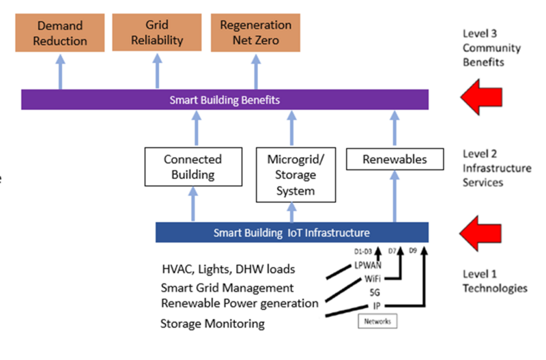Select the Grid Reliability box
pyautogui.click(x=156, y=33)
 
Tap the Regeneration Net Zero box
pyautogui.click(x=256, y=33)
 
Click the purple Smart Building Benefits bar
pyautogui.click(x=225, y=100)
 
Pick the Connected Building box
pyautogui.click(x=193, y=167)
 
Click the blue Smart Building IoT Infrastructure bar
pyautogui.click(x=291, y=232)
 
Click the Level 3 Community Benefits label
pyautogui.click(x=491, y=48)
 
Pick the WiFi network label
pyautogui.click(x=372, y=279)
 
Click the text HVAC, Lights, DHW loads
pyautogui.click(x=228, y=268)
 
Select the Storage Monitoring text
pyautogui.click(x=212, y=323)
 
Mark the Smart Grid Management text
pyautogui.click(x=227, y=288)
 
